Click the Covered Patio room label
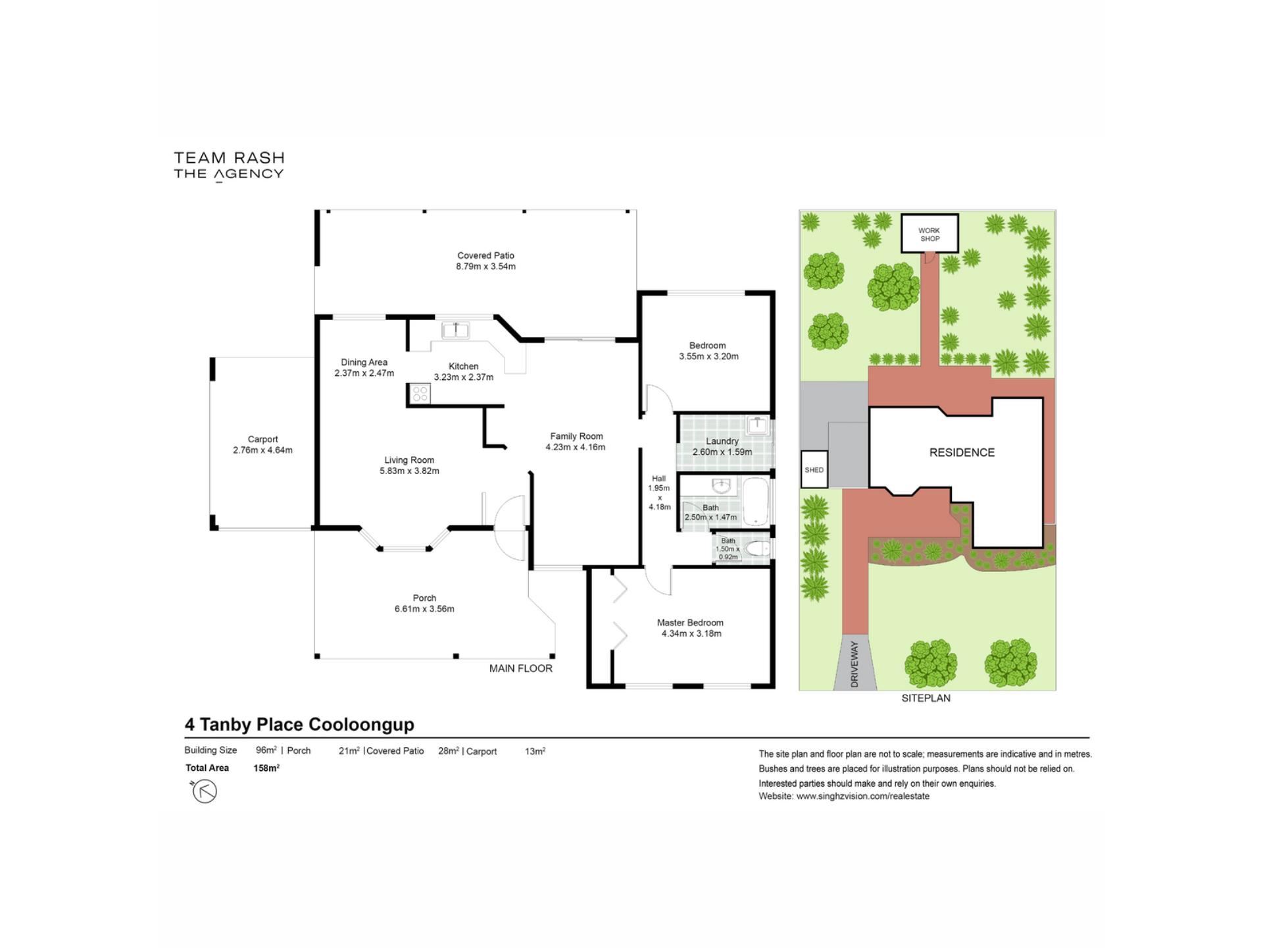click(485, 255)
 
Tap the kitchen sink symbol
click(455, 330)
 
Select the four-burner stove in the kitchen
click(420, 394)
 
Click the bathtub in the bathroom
click(756, 502)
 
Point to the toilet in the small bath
click(758, 548)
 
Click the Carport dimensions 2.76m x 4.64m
click(262, 450)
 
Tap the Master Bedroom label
click(690, 622)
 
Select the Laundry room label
click(722, 441)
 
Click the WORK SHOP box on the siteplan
click(929, 232)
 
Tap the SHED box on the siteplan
click(814, 469)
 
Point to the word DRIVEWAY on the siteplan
click(854, 664)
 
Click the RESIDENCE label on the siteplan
click(962, 452)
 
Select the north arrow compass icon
click(204, 791)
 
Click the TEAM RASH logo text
click(229, 158)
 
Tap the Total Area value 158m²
click(266, 768)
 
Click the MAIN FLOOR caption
click(521, 668)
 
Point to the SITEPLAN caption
click(926, 698)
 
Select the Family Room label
click(576, 436)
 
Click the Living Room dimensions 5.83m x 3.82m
click(409, 471)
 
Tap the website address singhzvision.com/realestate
click(863, 796)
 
